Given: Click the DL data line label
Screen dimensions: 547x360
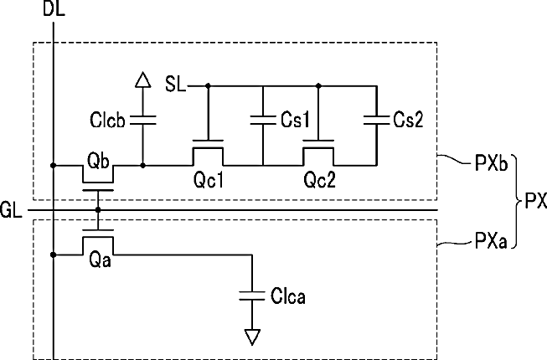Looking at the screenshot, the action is tap(54, 8).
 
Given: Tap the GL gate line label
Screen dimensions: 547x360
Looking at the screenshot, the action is tap(11, 210).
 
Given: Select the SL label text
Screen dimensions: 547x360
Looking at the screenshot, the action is tap(175, 85).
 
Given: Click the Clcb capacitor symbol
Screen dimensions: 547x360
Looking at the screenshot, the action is tap(143, 121).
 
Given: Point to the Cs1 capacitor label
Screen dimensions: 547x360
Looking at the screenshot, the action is tap(295, 120).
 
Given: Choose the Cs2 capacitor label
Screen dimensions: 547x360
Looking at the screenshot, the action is tap(408, 120).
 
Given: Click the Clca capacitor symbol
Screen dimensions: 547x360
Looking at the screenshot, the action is tap(252, 296).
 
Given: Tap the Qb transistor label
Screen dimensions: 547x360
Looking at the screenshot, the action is tap(98, 161).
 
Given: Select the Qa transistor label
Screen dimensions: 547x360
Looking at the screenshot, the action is tap(101, 260).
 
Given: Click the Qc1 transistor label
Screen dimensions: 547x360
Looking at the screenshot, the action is tap(209, 180).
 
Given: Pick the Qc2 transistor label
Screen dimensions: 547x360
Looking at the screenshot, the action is tap(319, 180).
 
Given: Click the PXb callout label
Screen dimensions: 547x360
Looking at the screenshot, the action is tap(491, 163).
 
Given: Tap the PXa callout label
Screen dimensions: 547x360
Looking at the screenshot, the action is tap(491, 240).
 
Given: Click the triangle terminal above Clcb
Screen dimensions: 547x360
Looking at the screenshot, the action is tap(143, 80).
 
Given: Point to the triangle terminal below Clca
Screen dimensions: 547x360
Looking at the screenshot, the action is tap(252, 337).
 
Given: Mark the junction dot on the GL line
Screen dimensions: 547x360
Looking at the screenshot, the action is tap(98, 210).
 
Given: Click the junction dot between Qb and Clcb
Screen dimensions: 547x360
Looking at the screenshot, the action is tap(143, 165).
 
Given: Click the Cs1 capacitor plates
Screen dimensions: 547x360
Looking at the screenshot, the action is tap(263, 121).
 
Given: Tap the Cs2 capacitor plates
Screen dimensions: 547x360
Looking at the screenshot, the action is tap(376, 121).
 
